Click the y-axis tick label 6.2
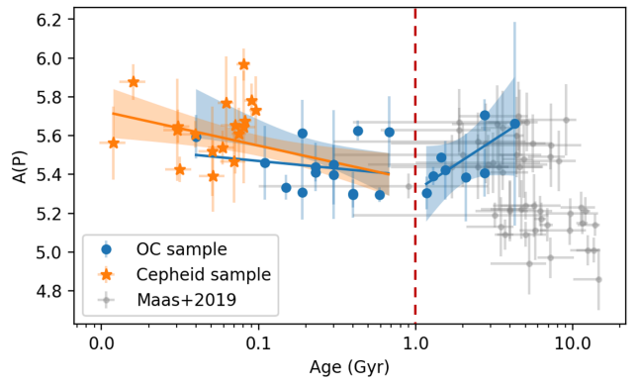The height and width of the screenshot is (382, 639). [47, 20]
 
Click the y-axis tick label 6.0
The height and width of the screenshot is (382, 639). [47, 58]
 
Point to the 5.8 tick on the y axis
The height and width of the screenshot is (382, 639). [47, 97]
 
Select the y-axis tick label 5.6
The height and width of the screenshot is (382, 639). [47, 136]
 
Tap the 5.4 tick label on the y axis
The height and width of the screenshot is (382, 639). [47, 174]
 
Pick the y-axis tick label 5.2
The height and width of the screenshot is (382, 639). [47, 213]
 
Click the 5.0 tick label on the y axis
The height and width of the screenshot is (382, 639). [47, 252]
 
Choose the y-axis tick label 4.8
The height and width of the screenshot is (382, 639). [47, 291]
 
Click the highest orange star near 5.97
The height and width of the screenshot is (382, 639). [244, 64]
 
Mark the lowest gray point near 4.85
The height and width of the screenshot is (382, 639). [598, 279]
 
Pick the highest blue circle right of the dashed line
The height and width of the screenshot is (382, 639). [485, 116]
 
